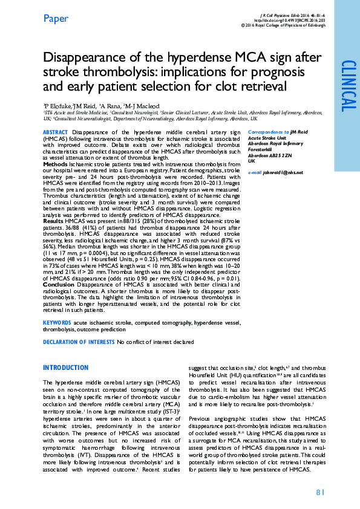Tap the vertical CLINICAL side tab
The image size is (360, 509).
[348, 86]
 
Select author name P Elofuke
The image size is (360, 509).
[57, 105]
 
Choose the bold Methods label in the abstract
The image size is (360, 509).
[54, 164]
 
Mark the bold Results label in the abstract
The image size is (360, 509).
[53, 221]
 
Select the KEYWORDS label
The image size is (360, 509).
[57, 322]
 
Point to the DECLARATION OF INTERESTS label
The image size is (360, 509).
[79, 342]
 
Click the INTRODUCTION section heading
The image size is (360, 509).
[65, 368]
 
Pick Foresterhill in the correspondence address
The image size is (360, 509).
[261, 151]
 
